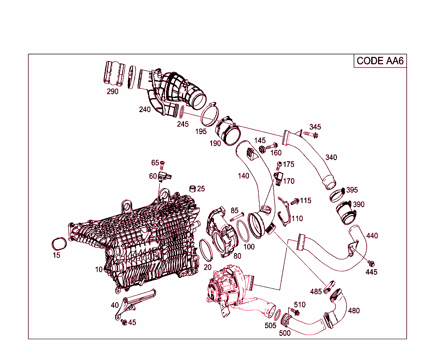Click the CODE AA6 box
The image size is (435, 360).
[x=380, y=61]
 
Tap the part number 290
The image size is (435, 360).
[x=113, y=91]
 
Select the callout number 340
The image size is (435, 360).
[x=331, y=157]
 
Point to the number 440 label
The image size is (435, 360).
[x=372, y=236]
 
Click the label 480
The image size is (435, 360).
[x=354, y=311]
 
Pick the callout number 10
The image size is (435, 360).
[x=99, y=270]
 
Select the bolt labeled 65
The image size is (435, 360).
[x=162, y=165]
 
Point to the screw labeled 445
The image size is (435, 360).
[x=370, y=264]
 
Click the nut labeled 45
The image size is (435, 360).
[x=124, y=322]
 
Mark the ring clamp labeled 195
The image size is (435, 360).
[x=209, y=112]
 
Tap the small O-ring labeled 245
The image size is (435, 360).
[x=181, y=112]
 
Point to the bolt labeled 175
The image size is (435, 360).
[x=280, y=164]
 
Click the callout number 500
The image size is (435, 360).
[x=285, y=333]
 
